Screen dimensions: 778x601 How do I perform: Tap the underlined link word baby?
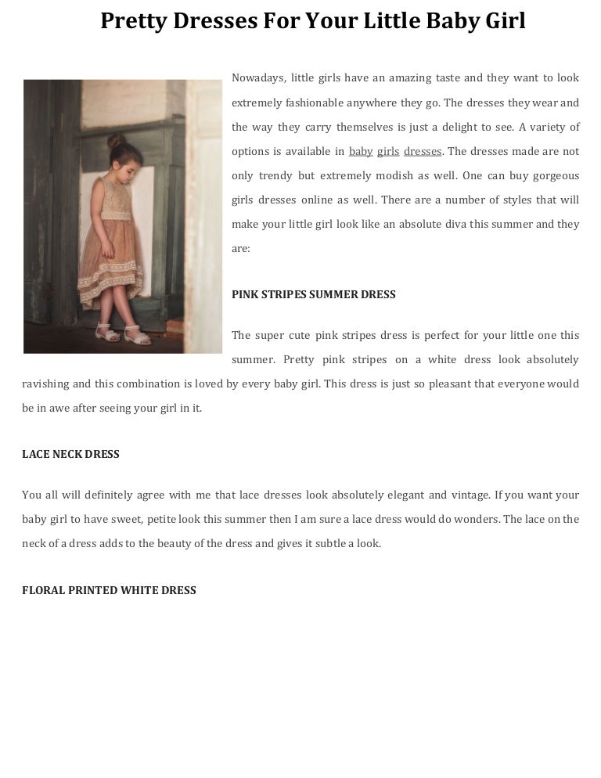click(361, 151)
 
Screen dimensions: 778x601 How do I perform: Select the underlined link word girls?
click(388, 151)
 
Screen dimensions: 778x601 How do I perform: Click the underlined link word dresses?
click(423, 151)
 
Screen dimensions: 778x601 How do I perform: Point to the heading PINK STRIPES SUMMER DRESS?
click(314, 295)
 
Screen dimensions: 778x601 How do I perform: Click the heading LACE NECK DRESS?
click(70, 454)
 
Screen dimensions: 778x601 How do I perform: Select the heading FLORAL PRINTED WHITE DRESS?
click(109, 590)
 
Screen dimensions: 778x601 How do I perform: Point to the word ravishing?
click(45, 384)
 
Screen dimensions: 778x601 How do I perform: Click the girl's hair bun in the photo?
click(117, 141)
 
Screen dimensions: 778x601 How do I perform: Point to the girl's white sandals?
click(125, 335)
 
